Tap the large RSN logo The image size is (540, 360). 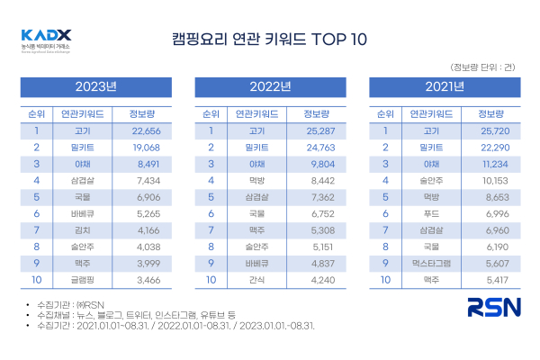click(x=493, y=308)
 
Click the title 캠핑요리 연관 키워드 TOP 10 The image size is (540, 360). click(x=269, y=40)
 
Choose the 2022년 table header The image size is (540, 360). click(x=270, y=87)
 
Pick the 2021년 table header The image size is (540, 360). click(x=445, y=87)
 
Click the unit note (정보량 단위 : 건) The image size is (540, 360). click(x=483, y=67)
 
